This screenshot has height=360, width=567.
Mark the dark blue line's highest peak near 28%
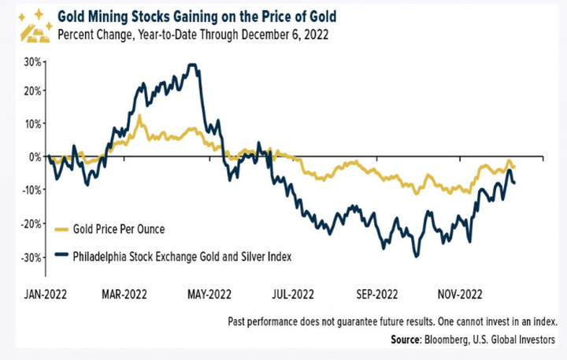(x=191, y=65)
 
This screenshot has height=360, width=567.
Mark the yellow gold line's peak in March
(x=139, y=116)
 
